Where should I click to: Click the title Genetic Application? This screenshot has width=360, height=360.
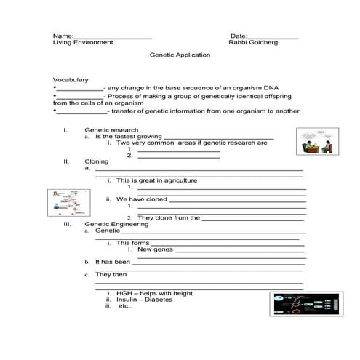pyautogui.click(x=180, y=55)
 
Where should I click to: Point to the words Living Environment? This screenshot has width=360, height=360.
pyautogui.click(x=83, y=43)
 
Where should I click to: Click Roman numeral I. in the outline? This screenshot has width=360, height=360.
pyautogui.click(x=65, y=129)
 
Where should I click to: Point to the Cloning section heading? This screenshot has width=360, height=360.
pyautogui.click(x=97, y=161)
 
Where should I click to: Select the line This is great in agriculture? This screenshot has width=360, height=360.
pyautogui.click(x=156, y=180)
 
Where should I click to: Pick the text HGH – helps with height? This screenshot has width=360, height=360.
pyautogui.click(x=154, y=293)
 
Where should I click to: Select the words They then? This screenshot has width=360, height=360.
pyautogui.click(x=111, y=275)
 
